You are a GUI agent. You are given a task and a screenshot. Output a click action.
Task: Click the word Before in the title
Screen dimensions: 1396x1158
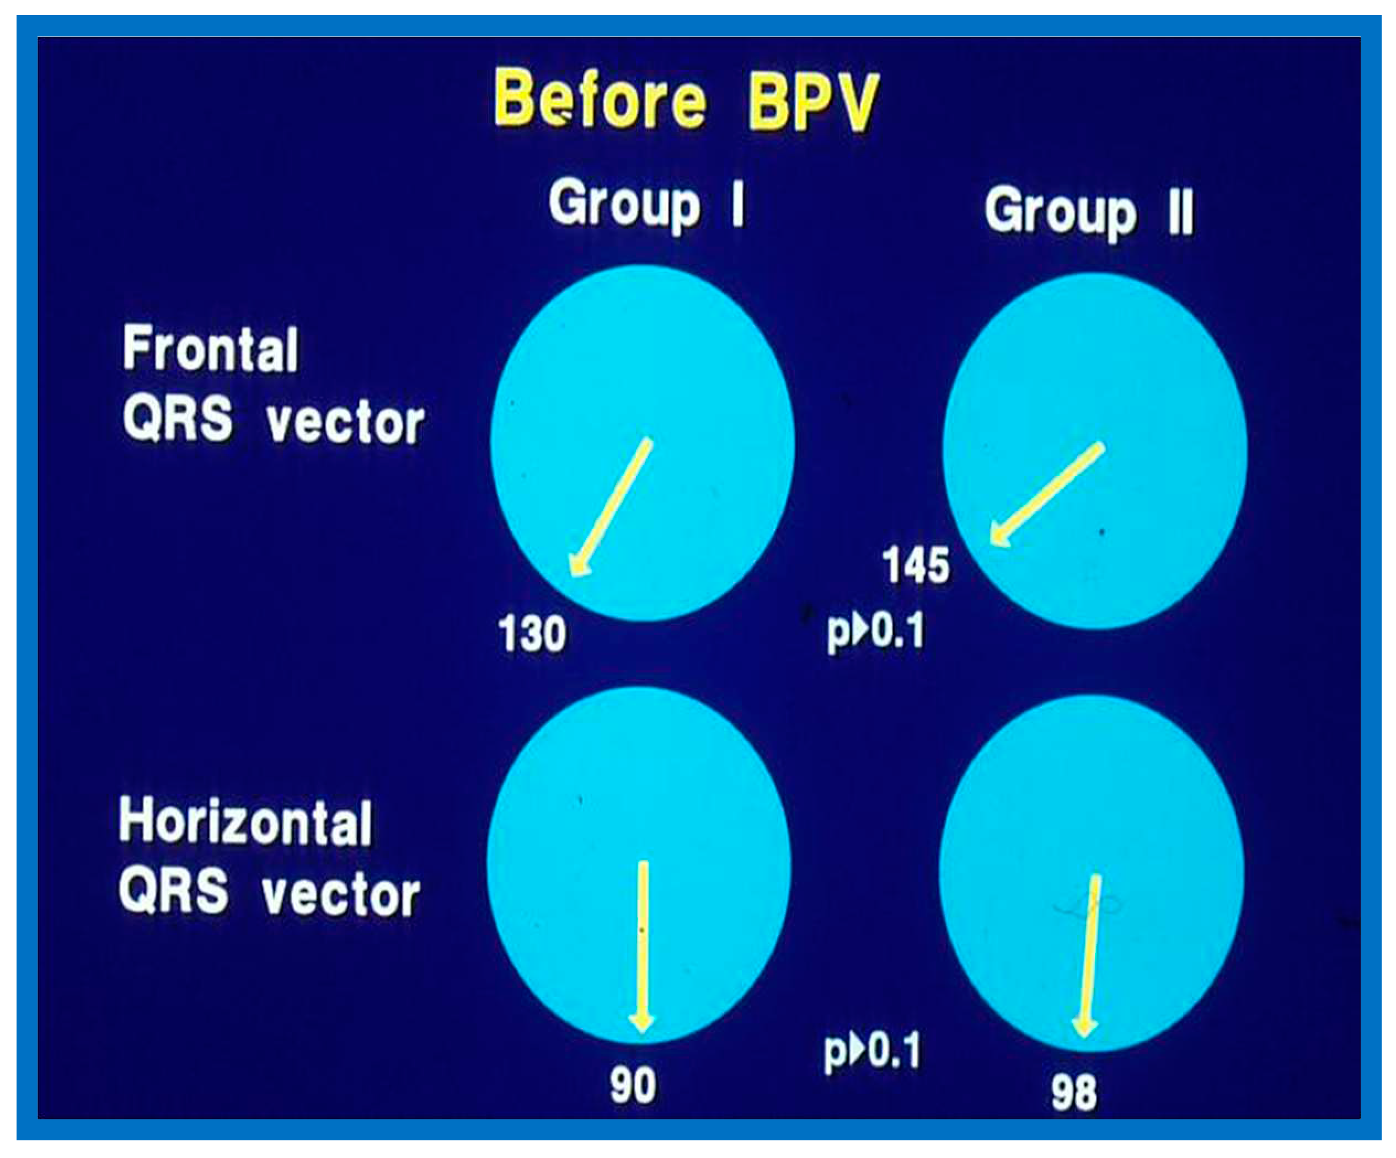pyautogui.click(x=600, y=100)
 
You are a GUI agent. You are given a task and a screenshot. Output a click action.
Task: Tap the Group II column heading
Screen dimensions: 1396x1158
pyautogui.click(x=1089, y=213)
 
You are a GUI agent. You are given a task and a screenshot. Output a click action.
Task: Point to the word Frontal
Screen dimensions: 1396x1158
pyautogui.click(x=211, y=349)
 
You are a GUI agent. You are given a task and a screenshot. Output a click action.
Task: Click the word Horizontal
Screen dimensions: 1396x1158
pyautogui.click(x=245, y=823)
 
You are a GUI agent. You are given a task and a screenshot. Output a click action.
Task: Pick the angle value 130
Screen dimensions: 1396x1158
pyautogui.click(x=532, y=633)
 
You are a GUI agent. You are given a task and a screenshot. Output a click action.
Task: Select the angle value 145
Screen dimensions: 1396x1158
pyautogui.click(x=916, y=565)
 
